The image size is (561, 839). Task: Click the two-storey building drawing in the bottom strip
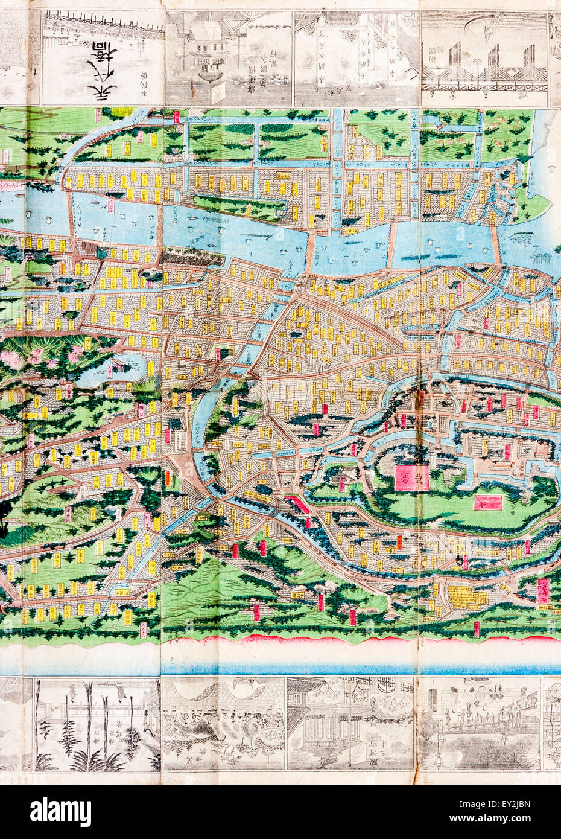(x=350, y=724)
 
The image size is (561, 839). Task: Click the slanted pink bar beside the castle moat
(x=300, y=504)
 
